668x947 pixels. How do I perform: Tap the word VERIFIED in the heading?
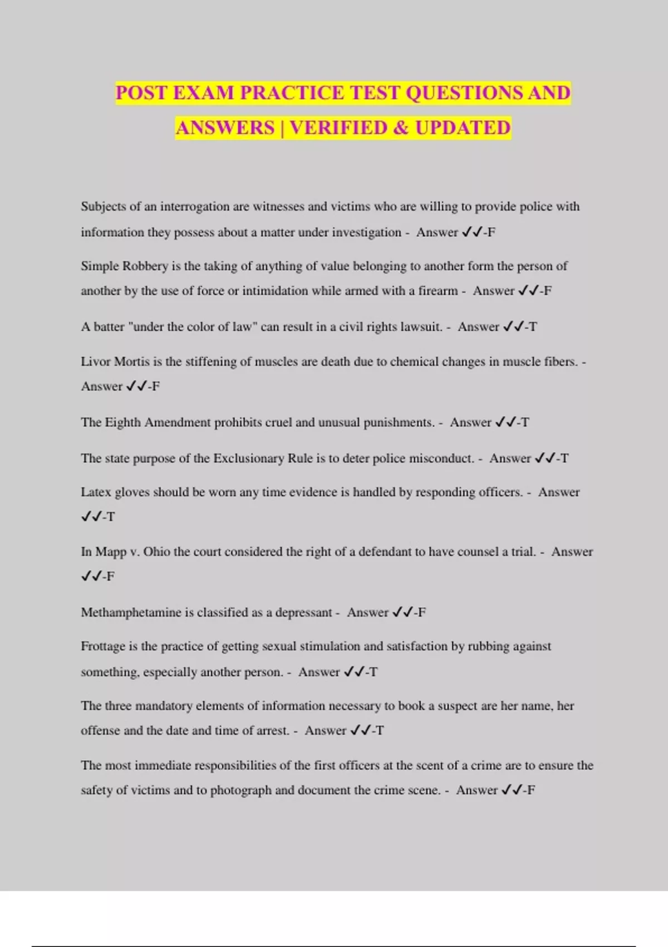pyautogui.click(x=338, y=128)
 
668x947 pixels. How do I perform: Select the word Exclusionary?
pyautogui.click(x=249, y=458)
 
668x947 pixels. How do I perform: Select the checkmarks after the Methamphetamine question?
pyautogui.click(x=402, y=612)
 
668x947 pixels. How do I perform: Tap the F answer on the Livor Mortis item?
pyautogui.click(x=156, y=386)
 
